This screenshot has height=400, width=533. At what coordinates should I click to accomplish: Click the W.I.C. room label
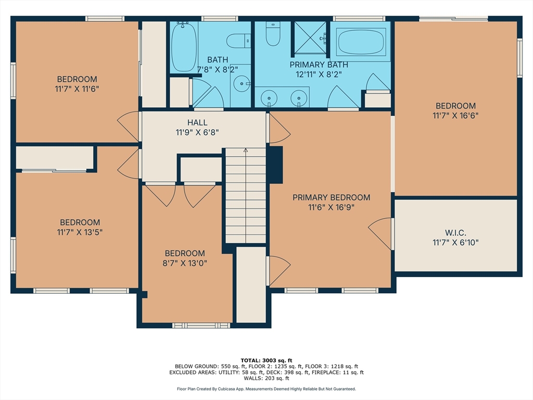(x=455, y=232)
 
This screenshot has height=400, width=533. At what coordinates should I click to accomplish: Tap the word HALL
(x=197, y=122)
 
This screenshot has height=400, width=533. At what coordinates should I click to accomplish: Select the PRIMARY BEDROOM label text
(x=331, y=197)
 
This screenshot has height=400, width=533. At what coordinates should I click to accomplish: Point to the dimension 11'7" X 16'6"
(x=455, y=115)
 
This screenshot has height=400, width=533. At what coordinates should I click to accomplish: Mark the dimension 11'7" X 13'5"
(x=79, y=232)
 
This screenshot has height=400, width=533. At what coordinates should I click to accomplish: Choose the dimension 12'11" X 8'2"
(x=326, y=74)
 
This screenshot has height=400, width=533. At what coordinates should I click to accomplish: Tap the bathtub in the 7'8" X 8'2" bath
(x=184, y=47)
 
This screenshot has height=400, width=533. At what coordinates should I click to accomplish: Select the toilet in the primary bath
(x=273, y=33)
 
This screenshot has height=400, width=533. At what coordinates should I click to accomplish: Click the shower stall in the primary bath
(x=310, y=37)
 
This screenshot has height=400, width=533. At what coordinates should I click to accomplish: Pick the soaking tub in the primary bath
(x=361, y=42)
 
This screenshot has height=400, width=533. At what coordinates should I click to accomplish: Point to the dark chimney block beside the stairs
(x=274, y=164)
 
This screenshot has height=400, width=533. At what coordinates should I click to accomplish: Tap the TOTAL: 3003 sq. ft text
(x=266, y=360)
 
